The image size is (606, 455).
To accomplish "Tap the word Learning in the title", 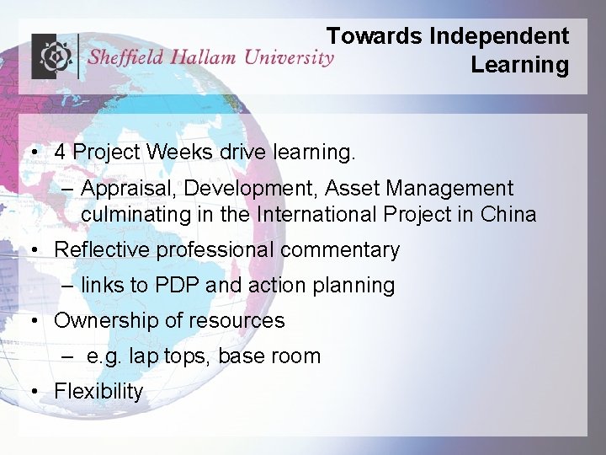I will [x=519, y=65].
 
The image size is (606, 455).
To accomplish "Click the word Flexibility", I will [x=98, y=392].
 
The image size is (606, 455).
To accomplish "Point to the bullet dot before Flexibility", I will [x=31, y=392].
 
